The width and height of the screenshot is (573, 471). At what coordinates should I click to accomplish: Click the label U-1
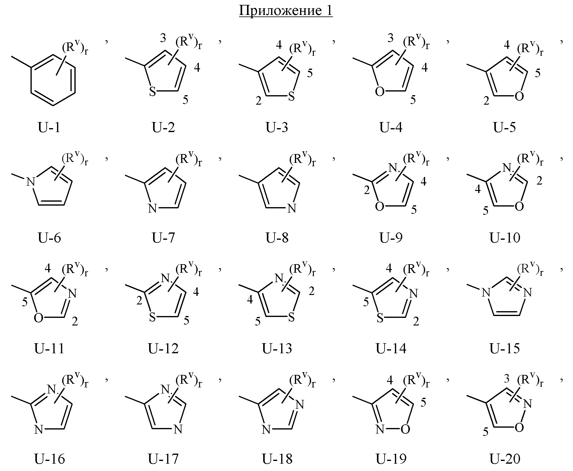tap(49, 127)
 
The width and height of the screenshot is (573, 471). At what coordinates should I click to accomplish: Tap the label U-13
tap(277, 348)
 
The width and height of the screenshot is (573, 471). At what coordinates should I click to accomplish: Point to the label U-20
tap(505, 458)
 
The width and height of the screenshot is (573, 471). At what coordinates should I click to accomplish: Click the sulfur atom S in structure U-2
tap(152, 92)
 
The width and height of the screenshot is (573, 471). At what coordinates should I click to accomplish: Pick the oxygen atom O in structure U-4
tap(380, 92)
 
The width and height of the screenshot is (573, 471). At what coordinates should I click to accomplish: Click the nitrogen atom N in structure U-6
tap(30, 182)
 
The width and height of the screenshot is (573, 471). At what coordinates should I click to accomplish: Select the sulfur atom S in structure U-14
tap(380, 318)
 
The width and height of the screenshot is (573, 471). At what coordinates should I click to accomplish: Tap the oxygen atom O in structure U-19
tap(405, 430)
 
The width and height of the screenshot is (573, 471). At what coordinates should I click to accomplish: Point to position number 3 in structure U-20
tap(507, 379)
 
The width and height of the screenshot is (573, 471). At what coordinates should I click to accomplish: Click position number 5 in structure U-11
tap(25, 302)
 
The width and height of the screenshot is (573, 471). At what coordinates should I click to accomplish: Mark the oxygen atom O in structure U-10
tap(519, 207)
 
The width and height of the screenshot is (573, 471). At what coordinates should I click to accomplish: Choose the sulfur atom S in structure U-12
tap(152, 318)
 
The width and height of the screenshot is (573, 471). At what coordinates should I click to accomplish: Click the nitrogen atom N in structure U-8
tap(292, 209)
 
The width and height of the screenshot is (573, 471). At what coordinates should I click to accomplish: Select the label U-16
tap(49, 458)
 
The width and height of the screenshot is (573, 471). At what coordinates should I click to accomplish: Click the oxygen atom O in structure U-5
tap(519, 96)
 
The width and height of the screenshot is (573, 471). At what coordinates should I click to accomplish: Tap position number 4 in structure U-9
tap(423, 182)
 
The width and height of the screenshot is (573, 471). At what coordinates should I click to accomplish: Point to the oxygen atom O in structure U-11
tap(38, 318)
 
